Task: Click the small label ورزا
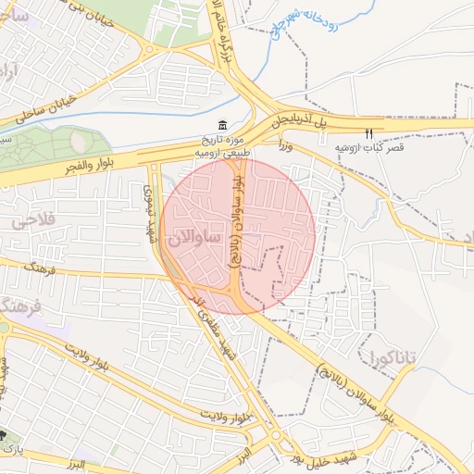point(286,145)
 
